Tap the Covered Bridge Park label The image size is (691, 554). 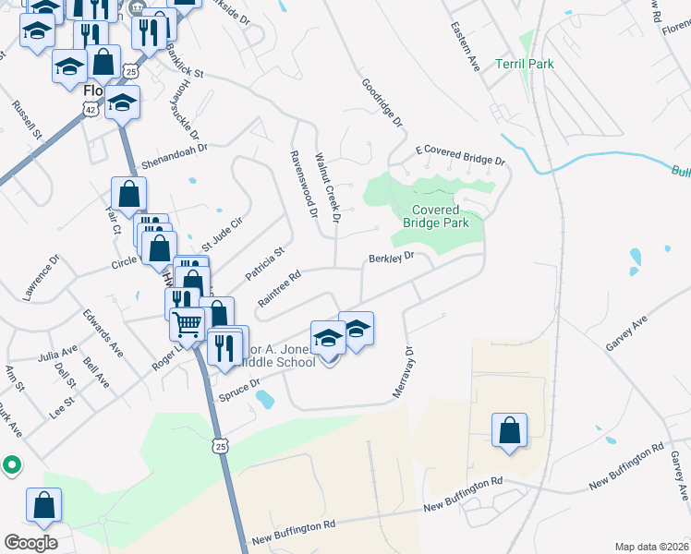pyautogui.click(x=436, y=216)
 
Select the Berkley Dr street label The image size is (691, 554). pyautogui.click(x=394, y=259)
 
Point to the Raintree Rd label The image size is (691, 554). pyautogui.click(x=280, y=288)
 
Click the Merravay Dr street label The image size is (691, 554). pyautogui.click(x=400, y=372)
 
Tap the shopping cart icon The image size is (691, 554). pyautogui.click(x=188, y=324)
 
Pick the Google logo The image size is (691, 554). pyautogui.click(x=30, y=542)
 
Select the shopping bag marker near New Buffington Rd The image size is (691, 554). pyautogui.click(x=509, y=430)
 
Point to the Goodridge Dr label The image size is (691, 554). pyautogui.click(x=383, y=102)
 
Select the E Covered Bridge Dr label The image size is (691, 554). pyautogui.click(x=460, y=154)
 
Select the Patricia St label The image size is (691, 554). pyautogui.click(x=265, y=263)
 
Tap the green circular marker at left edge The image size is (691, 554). pyautogui.click(x=11, y=464)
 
